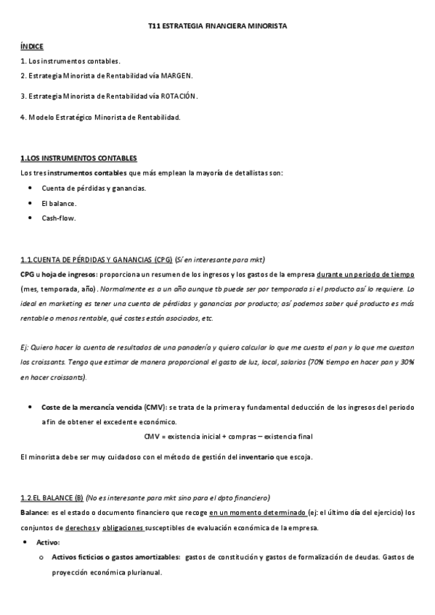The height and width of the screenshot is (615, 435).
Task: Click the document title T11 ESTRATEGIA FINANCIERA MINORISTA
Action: click(x=217, y=25)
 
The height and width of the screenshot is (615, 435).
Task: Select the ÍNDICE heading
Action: click(x=32, y=46)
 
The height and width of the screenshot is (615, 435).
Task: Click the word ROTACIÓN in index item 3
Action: click(x=179, y=96)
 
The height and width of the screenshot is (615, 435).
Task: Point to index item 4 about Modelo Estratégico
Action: click(x=100, y=116)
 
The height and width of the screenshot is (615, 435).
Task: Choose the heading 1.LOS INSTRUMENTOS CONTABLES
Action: click(x=79, y=157)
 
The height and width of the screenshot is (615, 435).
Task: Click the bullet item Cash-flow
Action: click(x=59, y=218)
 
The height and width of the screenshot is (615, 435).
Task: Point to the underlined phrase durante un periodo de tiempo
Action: click(x=370, y=275)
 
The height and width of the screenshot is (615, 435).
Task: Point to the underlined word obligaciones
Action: click(x=123, y=527)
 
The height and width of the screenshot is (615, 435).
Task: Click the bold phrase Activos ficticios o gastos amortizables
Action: click(x=115, y=557)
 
